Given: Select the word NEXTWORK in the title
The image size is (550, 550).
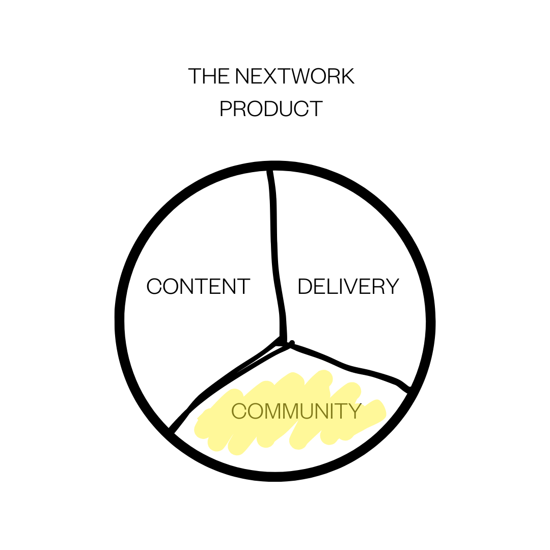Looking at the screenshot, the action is pyautogui.click(x=295, y=76).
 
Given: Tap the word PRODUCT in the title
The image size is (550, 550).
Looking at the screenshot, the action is pyautogui.click(x=271, y=109).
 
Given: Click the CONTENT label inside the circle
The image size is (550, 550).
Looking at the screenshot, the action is pyautogui.click(x=198, y=287).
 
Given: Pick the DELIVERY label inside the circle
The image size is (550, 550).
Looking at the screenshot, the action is pyautogui.click(x=348, y=287).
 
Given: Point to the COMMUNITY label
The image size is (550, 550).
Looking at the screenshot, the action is pyautogui.click(x=296, y=411).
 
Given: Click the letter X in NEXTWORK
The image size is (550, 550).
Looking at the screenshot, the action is pyautogui.click(x=276, y=76).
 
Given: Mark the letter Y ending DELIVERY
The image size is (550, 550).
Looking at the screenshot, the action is pyautogui.click(x=392, y=287).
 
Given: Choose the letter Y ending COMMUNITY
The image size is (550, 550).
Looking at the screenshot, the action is pyautogui.click(x=354, y=411).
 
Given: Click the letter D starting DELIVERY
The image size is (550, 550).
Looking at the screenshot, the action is pyautogui.click(x=305, y=287).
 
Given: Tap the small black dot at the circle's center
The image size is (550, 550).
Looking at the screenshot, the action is pyautogui.click(x=291, y=343).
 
